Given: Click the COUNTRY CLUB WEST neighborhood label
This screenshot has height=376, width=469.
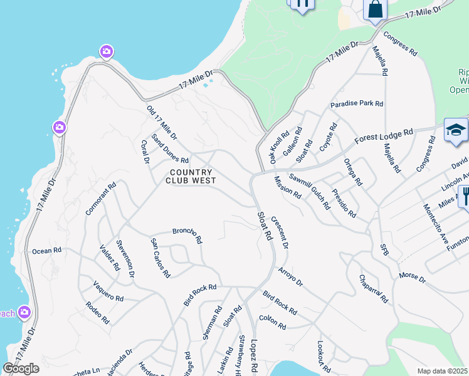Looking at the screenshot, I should click(x=191, y=176).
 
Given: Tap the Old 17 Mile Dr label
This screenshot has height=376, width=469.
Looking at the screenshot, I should click(x=162, y=122).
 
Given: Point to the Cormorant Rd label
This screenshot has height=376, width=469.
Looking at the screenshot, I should click(x=102, y=199).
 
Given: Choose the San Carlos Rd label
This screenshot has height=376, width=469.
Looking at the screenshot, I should click(x=160, y=258).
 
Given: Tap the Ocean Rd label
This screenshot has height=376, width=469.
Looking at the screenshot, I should click(x=47, y=251).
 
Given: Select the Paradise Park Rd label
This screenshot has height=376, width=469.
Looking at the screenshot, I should click(x=357, y=103).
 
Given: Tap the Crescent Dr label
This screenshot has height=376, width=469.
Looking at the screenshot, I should click(x=280, y=232).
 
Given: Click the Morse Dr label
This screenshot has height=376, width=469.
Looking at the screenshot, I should click(x=412, y=276).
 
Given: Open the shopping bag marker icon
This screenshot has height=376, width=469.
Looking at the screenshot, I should click(x=376, y=9).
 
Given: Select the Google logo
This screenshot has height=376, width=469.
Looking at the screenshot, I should click(x=21, y=368).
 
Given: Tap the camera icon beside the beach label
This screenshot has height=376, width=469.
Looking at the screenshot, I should click(x=24, y=311).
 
